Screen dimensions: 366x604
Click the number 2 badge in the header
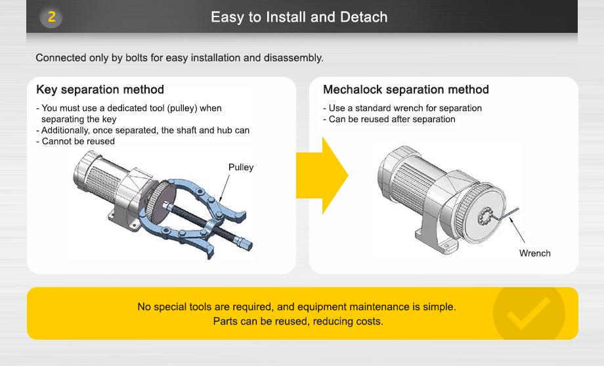coord(51,17)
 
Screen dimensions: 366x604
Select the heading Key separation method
coord(100,89)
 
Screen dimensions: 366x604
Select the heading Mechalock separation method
coord(406,89)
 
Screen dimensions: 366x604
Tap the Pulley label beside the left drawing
coord(240,168)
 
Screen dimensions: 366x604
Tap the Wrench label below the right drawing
coord(534,254)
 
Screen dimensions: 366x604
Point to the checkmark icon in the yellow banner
coord(528,313)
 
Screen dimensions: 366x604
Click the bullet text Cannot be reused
coord(77,141)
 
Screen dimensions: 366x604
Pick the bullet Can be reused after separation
coord(391,119)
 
